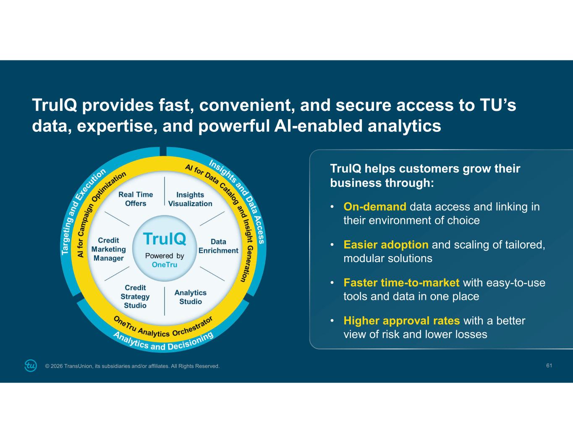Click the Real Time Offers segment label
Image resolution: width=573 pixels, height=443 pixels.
point(136,199)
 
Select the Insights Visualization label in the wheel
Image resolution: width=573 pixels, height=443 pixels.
point(190,199)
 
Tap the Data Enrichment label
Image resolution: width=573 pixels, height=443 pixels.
point(218,246)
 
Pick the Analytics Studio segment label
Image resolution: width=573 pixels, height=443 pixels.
point(191,297)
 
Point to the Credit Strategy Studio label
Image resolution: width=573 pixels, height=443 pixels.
point(135,296)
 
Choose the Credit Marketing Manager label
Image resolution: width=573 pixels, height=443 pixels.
point(109,249)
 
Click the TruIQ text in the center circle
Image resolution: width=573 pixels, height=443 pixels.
point(165,239)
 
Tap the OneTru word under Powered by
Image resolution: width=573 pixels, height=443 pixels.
point(165,265)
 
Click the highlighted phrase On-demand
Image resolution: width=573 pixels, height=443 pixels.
point(375,207)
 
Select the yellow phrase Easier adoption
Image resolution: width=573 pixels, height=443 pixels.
point(386,245)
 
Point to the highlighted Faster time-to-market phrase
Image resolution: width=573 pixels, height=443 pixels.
point(401,283)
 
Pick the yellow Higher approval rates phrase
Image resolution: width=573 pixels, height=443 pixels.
point(402,321)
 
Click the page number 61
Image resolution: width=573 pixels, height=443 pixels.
point(549,366)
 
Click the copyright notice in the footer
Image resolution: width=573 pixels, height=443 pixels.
point(132,366)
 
